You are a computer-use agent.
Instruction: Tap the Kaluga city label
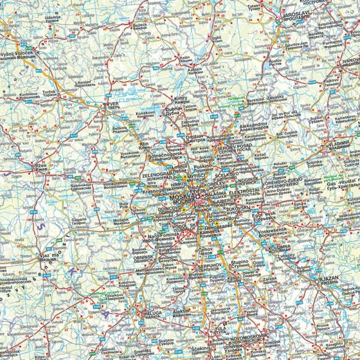(146, 313)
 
